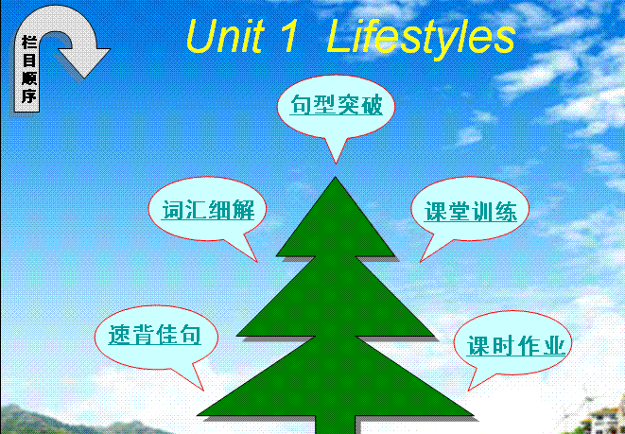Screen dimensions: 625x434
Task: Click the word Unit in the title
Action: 225,37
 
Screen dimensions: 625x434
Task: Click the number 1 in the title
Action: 289,37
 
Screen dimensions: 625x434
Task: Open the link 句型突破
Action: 336,105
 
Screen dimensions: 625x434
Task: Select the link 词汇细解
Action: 208,210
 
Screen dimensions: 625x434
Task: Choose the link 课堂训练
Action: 470,211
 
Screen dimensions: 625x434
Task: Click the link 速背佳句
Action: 154,334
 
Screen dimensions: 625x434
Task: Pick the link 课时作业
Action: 515,345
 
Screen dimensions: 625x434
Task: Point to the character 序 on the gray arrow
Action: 28,96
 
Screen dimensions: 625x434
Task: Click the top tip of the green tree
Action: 336,178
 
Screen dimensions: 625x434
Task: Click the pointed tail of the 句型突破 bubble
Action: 336,164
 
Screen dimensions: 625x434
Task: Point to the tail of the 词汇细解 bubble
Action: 256,261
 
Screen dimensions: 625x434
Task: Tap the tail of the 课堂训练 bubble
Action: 420,262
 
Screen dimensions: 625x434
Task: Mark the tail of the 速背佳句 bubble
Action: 203,391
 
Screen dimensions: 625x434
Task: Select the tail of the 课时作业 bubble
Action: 469,391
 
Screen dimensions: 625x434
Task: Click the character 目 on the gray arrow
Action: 28,61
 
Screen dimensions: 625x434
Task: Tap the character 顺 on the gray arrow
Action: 28,78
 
